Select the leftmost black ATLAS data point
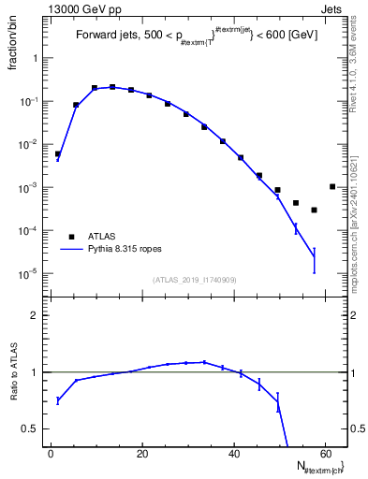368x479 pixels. (58, 154)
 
